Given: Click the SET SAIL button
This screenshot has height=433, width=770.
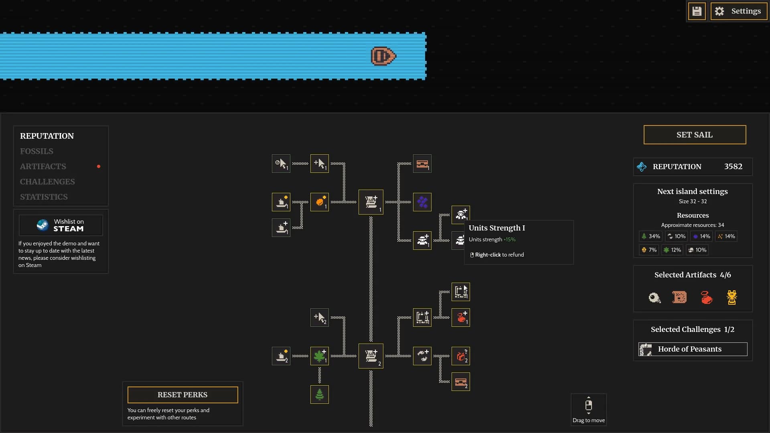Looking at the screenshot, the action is click(695, 135).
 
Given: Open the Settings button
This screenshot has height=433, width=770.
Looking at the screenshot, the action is click(739, 11).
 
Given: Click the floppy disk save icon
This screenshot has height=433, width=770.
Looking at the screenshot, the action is click(697, 11).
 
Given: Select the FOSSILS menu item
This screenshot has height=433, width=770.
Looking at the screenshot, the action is click(36, 151).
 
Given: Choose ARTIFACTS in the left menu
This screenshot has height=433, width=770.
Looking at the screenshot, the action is click(43, 166).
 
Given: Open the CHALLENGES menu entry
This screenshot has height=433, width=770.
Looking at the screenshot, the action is click(47, 182).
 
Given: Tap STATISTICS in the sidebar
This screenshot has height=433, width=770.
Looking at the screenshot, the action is click(44, 197).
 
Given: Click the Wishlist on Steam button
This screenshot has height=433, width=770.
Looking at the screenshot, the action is click(61, 225).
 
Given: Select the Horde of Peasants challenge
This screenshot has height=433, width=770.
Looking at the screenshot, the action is click(693, 349).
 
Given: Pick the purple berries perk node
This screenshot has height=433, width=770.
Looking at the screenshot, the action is click(422, 202).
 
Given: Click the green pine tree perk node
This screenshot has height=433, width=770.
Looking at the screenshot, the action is click(320, 395).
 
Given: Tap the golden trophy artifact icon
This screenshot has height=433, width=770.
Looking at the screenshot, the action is click(732, 297).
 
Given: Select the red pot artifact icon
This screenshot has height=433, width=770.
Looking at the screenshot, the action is click(706, 297).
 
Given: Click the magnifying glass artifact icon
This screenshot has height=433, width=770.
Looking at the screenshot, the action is click(654, 298).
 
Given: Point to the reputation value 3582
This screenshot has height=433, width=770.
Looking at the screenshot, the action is click(733, 166).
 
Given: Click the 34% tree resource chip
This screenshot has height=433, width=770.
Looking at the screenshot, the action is click(650, 237).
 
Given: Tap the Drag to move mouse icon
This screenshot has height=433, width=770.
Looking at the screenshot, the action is click(589, 405).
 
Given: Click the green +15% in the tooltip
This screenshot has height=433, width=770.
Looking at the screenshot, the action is click(510, 239).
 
